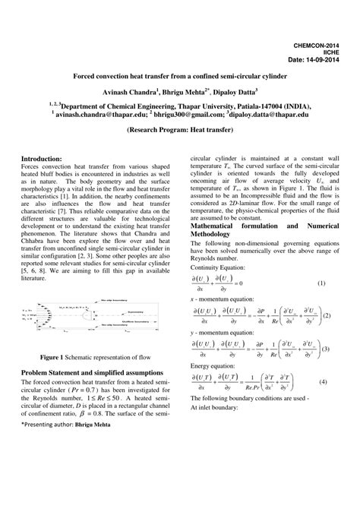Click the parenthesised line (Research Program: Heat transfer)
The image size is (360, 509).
179,130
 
